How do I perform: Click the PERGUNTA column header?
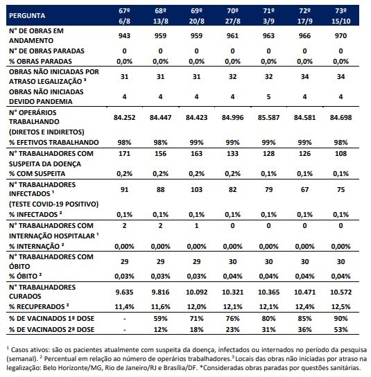tap(27, 16)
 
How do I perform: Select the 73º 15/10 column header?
tap(340, 16)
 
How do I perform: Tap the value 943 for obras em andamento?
tap(124, 36)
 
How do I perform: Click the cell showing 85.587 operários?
tap(268, 118)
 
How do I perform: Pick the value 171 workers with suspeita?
tap(124, 153)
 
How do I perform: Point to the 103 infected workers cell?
tap(196, 189)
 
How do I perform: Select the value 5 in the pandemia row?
tap(268, 96)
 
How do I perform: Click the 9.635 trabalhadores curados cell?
tap(124, 292)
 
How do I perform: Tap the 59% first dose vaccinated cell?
tap(160, 318)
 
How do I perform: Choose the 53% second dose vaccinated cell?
tap(340, 329)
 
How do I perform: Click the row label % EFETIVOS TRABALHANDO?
tap(54, 142)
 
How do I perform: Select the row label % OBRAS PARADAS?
tap(40, 61)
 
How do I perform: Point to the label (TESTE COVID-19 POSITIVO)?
tap(54, 204)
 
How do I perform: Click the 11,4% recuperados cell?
tap(124, 307)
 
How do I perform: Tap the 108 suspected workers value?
tap(340, 153)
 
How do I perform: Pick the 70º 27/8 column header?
tap(233, 16)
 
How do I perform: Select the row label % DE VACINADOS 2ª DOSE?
tap(52, 329)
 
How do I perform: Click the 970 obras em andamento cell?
tap(340, 36)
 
